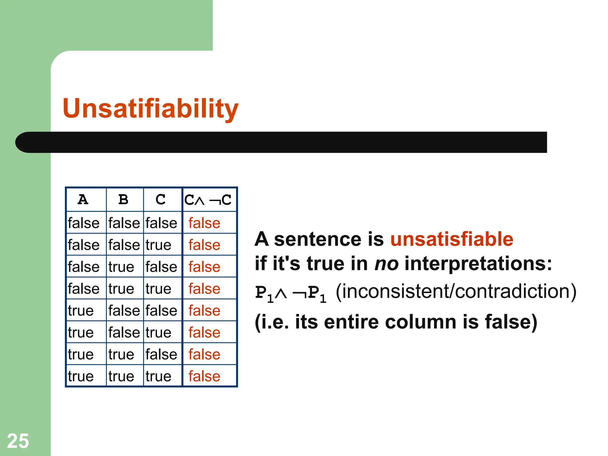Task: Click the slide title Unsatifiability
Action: coord(151,108)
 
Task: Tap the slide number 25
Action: coord(18,441)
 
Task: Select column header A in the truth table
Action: coord(83,199)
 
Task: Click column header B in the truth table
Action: coord(123,199)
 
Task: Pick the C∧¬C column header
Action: coord(208,200)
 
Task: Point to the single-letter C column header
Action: coord(161,199)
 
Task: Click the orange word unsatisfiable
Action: coord(452,239)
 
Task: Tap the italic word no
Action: coord(386,263)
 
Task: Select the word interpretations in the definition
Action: coord(478,263)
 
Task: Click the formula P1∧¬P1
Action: coord(291,293)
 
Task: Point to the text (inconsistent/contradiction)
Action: coord(456,291)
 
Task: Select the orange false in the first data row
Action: coord(204,223)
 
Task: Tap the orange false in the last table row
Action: coord(204,376)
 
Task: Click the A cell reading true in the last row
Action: coord(81,376)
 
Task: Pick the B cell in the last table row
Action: coord(121,376)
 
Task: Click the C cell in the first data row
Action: coord(161,223)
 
